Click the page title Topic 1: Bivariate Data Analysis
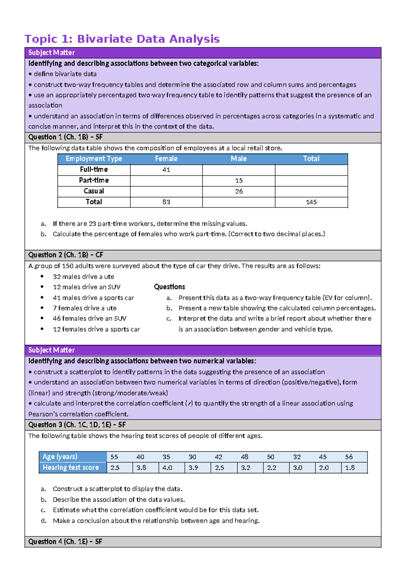[x=122, y=39]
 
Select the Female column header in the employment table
[x=166, y=159]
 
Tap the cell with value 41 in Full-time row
[x=166, y=170]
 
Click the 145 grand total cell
[x=311, y=202]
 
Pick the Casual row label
[x=94, y=191]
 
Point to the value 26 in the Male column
[x=239, y=191]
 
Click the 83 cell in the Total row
[x=166, y=202]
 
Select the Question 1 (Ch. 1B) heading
[x=65, y=137]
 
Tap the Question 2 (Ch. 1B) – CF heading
[x=66, y=255]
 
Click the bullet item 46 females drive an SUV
[x=89, y=318]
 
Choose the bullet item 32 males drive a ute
[x=83, y=277]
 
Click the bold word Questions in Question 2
[x=170, y=287]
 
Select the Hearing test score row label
[x=71, y=467]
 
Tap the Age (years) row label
[x=60, y=457]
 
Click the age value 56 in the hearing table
[x=349, y=457]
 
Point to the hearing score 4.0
[x=167, y=468]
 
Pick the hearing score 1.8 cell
[x=350, y=468]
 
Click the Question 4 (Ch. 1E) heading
[x=65, y=542]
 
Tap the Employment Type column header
[x=94, y=159]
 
